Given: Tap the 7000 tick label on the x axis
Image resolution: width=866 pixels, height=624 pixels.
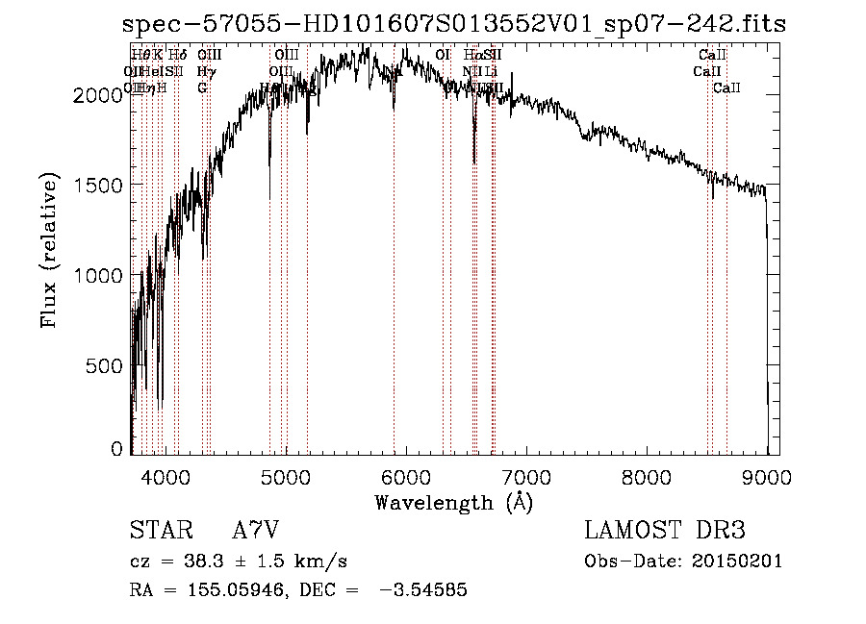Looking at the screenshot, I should (x=526, y=476).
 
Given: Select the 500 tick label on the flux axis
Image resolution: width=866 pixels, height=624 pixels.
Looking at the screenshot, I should (x=108, y=365).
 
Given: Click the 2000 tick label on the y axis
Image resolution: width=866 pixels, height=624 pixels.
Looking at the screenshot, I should (x=101, y=94).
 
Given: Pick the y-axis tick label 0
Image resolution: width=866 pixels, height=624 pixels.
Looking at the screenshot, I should (x=117, y=449).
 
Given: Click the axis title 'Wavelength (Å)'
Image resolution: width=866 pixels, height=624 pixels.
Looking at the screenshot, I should (x=453, y=502).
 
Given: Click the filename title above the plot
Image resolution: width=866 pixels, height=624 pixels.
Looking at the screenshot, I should (x=453, y=23).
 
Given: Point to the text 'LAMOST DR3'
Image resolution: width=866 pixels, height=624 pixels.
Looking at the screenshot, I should (x=665, y=531).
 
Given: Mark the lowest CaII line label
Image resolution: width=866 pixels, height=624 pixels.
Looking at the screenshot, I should (x=726, y=88).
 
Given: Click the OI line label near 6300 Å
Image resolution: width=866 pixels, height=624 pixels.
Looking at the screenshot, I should (x=443, y=55).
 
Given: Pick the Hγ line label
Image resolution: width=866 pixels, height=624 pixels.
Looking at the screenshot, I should (x=204, y=71).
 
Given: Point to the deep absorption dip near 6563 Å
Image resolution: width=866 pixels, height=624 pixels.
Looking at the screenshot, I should (x=474, y=159).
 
